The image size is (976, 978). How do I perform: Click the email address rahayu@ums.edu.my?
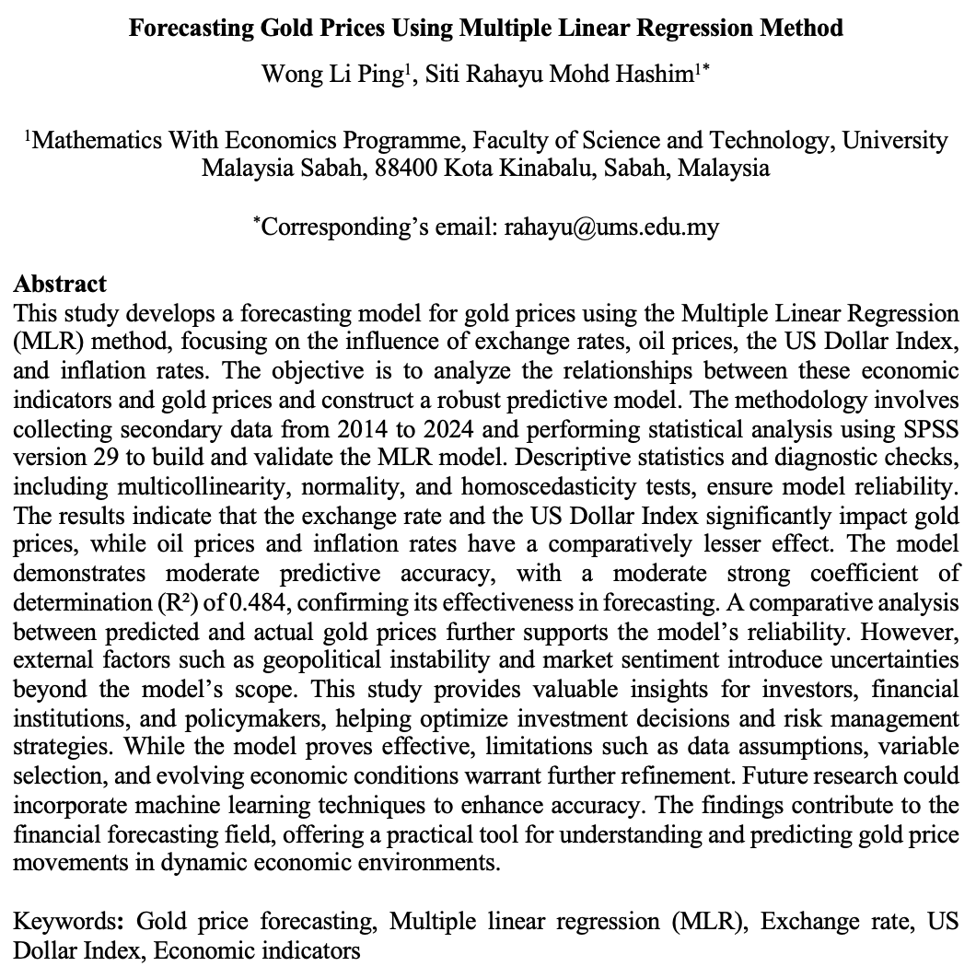pos(610,227)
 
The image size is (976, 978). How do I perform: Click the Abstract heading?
pos(61,284)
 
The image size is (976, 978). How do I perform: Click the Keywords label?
pos(73,922)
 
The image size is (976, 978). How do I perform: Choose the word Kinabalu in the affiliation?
pos(552,169)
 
